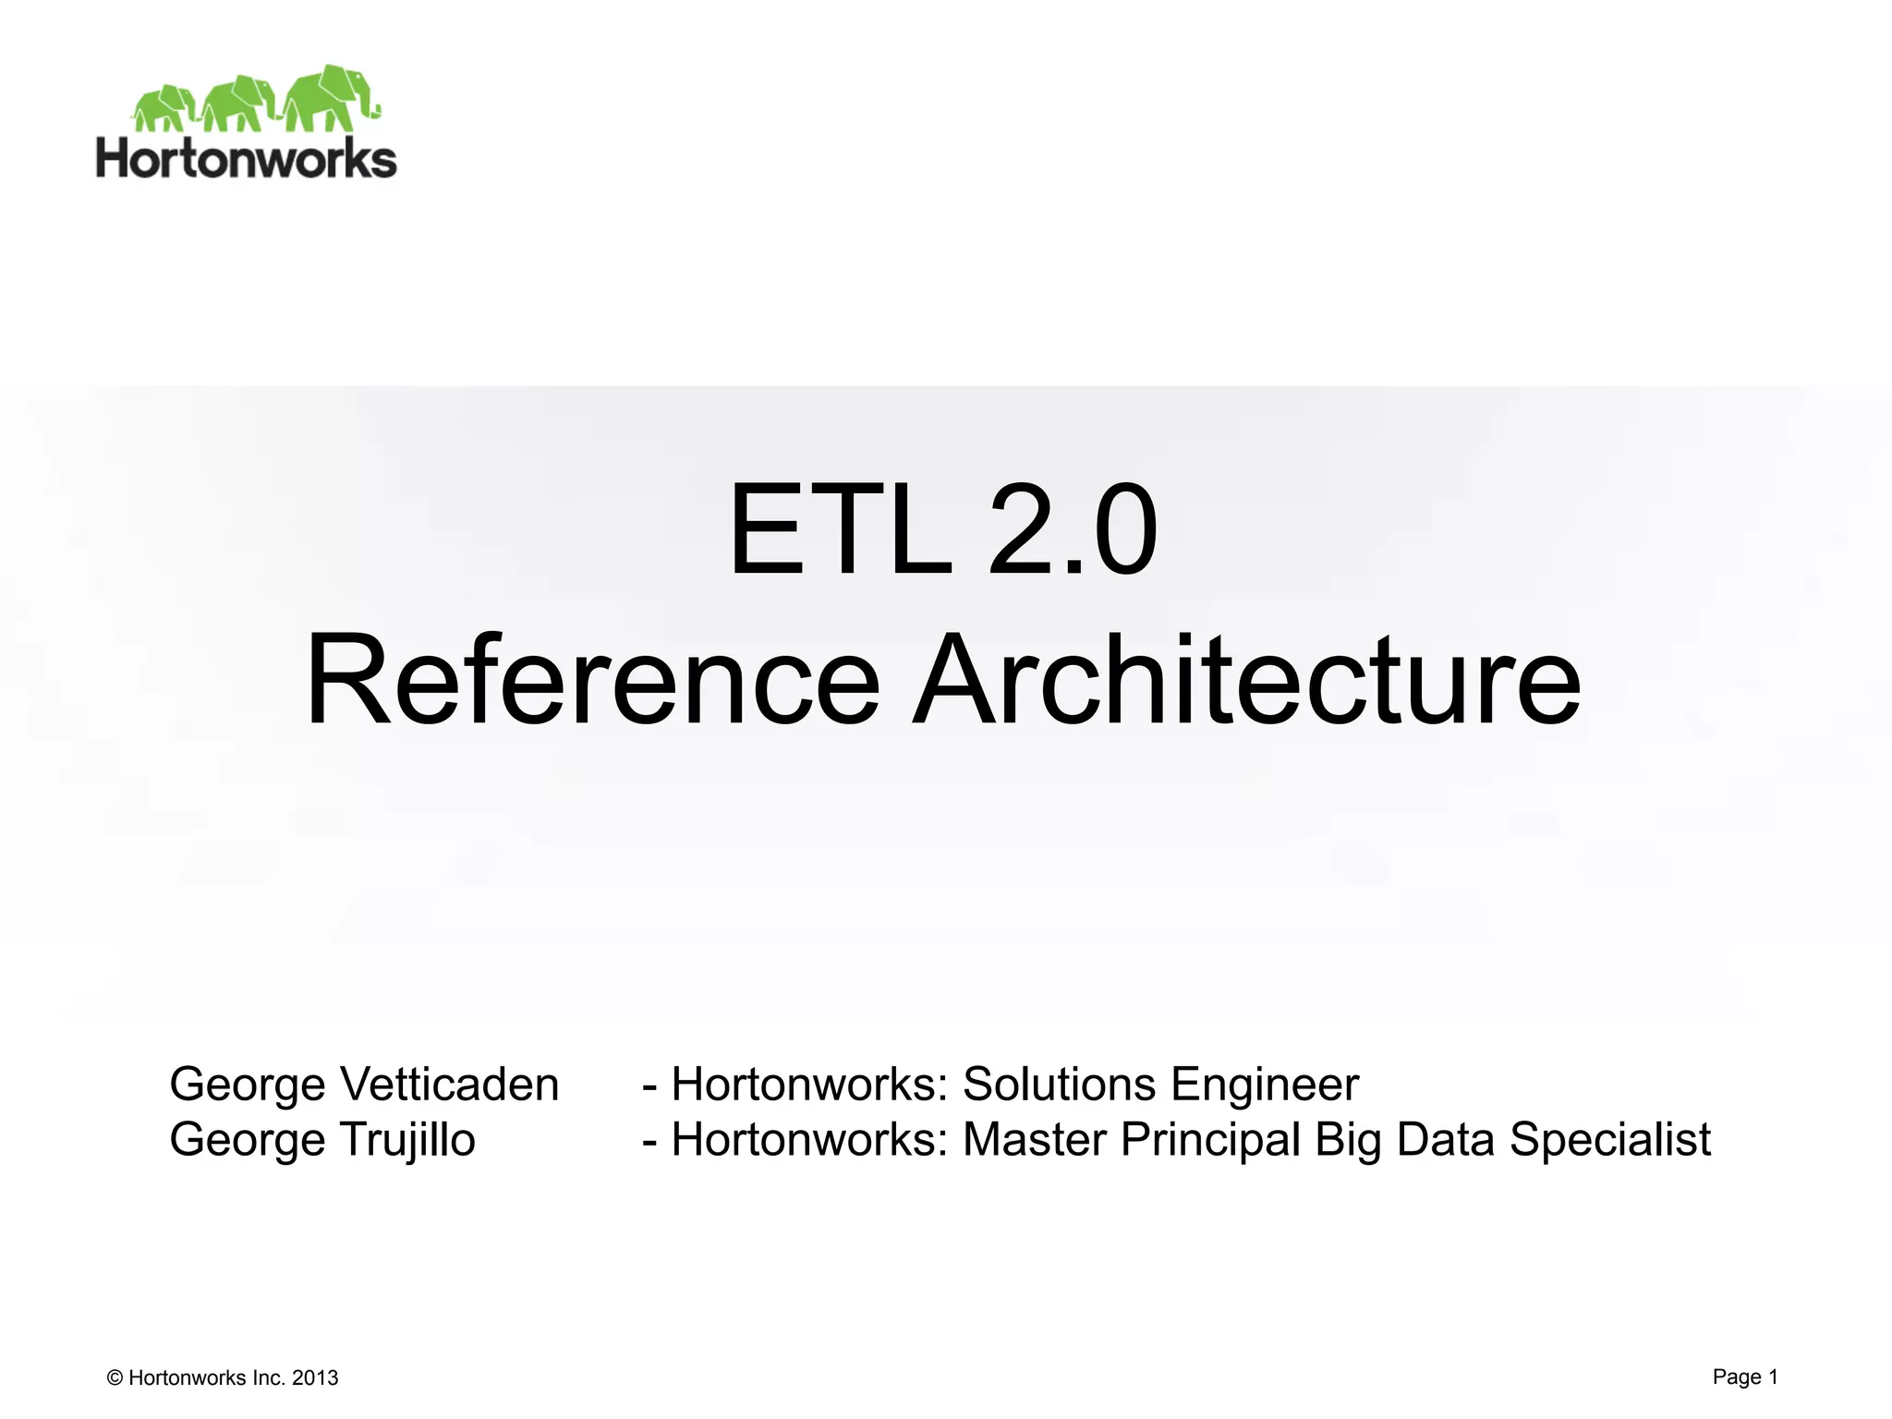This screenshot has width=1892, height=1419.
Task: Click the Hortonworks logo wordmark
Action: tap(247, 158)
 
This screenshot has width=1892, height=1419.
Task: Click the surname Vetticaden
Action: tap(450, 1084)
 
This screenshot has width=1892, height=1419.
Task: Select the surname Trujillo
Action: tap(407, 1139)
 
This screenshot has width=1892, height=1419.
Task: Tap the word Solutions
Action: tap(1059, 1084)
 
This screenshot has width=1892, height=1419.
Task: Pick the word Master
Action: tap(1035, 1139)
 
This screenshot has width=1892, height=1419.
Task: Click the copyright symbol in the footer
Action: tap(115, 1378)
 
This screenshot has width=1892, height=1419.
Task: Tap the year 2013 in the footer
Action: tap(315, 1378)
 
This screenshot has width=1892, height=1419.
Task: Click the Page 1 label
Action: tap(1745, 1377)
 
